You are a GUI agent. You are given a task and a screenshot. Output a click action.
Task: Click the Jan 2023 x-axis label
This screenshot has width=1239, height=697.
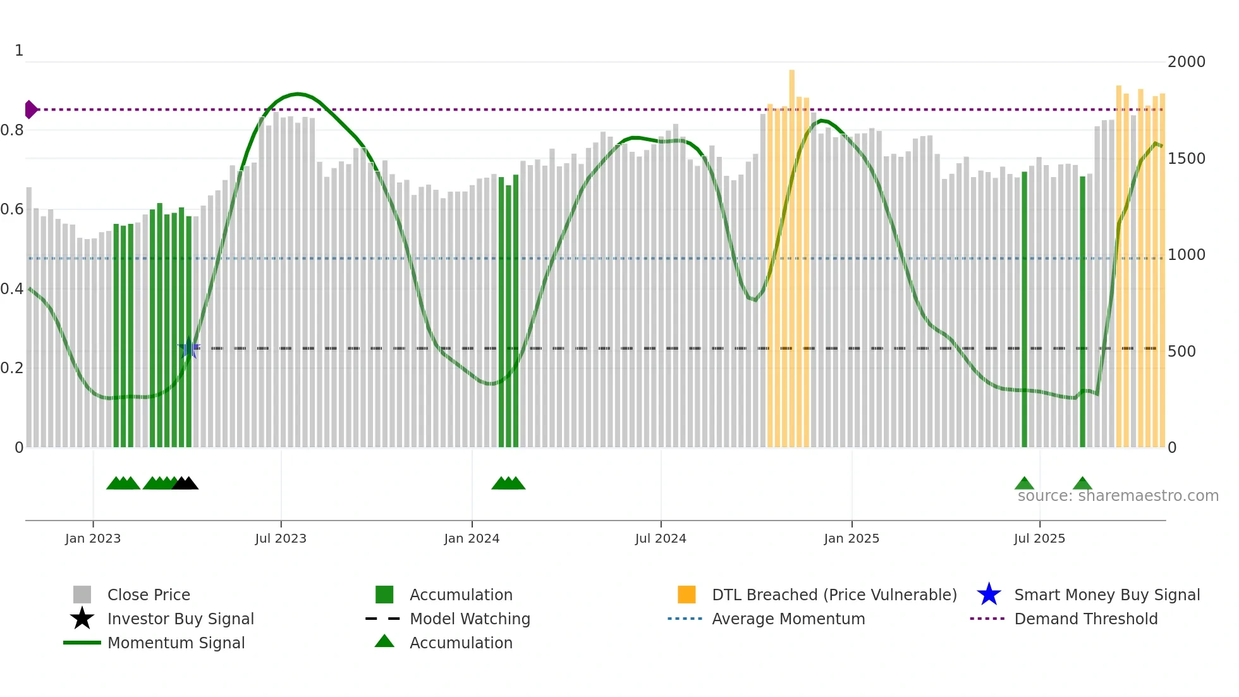(x=93, y=538)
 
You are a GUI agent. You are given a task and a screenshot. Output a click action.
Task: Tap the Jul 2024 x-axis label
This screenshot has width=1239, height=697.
(x=661, y=538)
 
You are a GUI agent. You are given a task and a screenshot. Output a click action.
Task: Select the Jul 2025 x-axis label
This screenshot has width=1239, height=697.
(x=1039, y=538)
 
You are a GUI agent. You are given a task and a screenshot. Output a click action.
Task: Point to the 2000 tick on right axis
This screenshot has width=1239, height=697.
(x=1186, y=62)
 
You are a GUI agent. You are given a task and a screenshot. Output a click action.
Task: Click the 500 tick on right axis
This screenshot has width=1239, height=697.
(x=1181, y=352)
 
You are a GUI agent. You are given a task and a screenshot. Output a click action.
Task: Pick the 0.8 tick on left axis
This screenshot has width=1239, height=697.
(x=12, y=130)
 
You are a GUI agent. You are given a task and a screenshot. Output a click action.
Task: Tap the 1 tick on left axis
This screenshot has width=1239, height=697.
(x=19, y=51)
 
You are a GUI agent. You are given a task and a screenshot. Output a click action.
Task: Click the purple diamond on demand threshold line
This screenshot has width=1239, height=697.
(x=30, y=109)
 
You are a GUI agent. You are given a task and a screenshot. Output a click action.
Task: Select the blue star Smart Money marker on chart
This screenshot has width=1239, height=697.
(x=189, y=348)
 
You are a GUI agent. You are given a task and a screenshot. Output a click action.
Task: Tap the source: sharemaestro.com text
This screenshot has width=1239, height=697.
(x=1118, y=496)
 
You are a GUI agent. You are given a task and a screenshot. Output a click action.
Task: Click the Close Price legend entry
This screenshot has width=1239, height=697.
(x=149, y=595)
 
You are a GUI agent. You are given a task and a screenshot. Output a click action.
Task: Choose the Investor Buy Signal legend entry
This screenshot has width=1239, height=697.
(x=180, y=619)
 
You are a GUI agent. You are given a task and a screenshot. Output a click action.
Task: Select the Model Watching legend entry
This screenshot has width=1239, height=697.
(x=470, y=619)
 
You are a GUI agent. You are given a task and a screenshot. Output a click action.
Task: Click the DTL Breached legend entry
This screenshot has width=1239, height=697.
(x=834, y=595)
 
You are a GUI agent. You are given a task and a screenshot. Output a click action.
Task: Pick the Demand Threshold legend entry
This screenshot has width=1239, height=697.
(x=1085, y=619)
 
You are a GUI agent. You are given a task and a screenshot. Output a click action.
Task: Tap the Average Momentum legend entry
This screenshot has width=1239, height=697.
(x=788, y=619)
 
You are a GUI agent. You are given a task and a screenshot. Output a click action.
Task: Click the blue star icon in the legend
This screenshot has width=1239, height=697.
(x=989, y=595)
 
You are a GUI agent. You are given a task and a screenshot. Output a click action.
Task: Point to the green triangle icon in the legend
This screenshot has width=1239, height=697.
(x=384, y=641)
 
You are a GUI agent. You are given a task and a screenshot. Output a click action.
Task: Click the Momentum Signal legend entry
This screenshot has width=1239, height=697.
(x=176, y=643)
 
